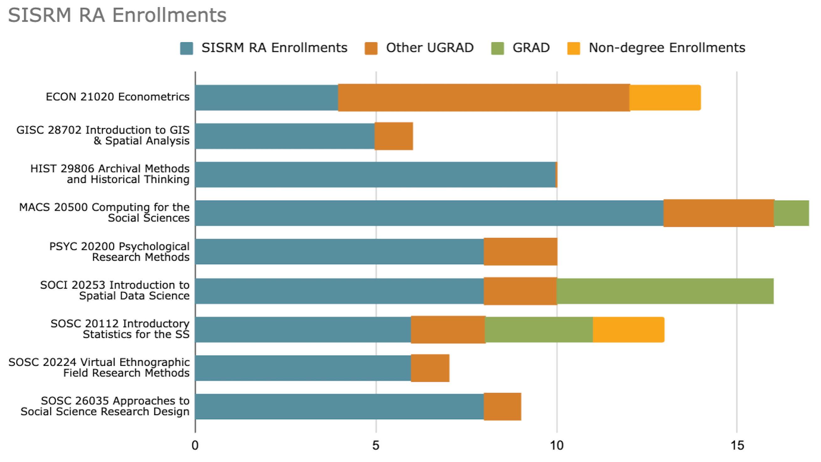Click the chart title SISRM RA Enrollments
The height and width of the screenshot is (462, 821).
117,15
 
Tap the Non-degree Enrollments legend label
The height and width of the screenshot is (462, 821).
667,48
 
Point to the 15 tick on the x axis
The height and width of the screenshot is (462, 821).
737,445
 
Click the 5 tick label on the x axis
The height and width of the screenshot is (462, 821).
376,445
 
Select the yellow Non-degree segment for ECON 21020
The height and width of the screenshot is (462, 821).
665,97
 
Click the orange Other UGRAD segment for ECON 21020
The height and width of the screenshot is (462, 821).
484,97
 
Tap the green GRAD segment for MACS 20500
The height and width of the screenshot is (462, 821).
791,213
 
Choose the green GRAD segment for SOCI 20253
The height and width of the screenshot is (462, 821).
665,291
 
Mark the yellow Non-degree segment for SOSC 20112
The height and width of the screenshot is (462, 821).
628,329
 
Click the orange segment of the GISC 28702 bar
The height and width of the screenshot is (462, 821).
394,136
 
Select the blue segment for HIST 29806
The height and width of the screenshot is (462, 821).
375,175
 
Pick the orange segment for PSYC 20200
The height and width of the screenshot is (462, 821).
521,252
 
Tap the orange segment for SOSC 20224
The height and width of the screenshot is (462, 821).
430,368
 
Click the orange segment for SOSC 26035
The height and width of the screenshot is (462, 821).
502,407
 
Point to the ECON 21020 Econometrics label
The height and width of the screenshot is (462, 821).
118,97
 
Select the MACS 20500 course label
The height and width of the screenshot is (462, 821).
104,213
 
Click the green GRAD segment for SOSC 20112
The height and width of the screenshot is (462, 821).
539,329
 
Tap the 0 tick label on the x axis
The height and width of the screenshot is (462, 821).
195,445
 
